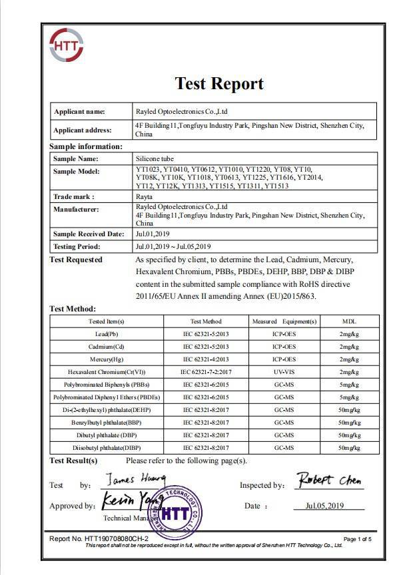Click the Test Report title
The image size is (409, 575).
218,83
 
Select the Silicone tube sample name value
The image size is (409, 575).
154,158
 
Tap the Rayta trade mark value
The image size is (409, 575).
144,197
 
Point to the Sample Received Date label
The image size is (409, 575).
88,234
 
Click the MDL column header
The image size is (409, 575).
349,321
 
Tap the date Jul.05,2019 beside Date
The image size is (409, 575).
324,506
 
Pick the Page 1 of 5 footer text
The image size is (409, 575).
358,538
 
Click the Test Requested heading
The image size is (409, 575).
76,260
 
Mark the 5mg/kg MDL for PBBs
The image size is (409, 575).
349,385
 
